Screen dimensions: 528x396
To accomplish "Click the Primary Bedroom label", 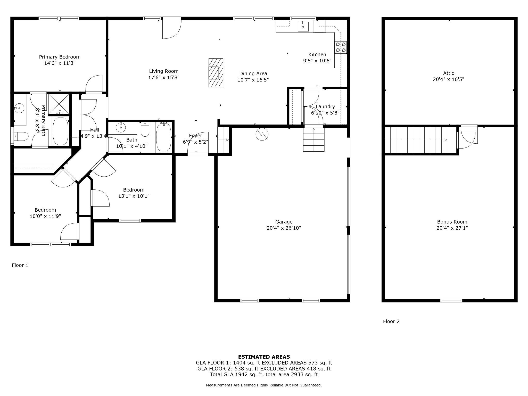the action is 60,57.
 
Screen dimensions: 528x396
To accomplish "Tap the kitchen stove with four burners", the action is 341,47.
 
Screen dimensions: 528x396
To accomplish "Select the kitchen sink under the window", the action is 303,27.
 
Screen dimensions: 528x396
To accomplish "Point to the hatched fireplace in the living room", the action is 216,73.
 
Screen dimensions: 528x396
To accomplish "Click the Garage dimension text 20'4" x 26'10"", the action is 284,228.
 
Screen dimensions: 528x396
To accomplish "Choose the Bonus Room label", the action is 452,222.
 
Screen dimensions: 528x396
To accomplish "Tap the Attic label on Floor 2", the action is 449,73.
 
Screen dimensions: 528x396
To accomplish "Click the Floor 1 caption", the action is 20,265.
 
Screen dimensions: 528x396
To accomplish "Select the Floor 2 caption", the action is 391,321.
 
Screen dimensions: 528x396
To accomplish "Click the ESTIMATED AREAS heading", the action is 264,357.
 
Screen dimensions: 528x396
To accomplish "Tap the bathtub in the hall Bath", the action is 164,137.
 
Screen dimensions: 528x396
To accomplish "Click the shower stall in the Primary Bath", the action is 59,104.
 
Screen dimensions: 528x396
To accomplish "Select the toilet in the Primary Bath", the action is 21,136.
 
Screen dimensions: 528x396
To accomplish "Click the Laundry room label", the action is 325,106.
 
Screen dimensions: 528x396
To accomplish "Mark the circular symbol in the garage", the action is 262,134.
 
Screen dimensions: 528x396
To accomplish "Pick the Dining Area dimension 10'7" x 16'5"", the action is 253,80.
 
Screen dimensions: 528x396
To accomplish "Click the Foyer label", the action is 195,136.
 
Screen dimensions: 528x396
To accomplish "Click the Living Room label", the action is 164,71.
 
